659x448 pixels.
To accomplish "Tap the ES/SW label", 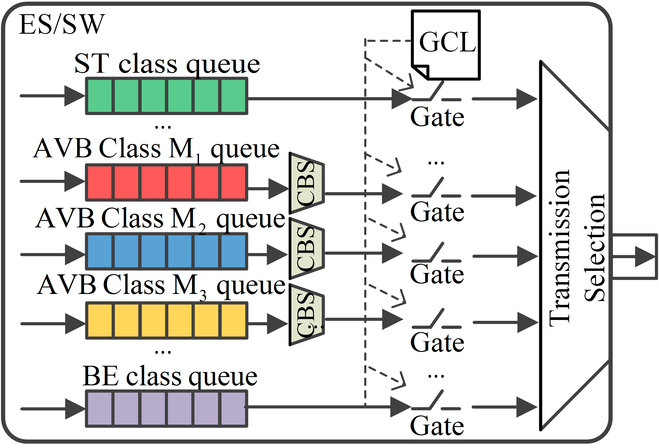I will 62,24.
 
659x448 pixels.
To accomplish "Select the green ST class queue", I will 166,96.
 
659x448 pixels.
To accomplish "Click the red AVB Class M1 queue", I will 166,182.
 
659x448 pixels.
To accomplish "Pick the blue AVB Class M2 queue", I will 166,251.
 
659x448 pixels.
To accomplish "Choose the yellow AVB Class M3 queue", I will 166,321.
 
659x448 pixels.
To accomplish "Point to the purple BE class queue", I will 166,409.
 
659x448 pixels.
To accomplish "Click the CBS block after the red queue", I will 307,183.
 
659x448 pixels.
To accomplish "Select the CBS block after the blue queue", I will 307,249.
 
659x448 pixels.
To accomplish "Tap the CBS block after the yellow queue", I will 307,315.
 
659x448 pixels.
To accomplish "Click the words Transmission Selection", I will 577,248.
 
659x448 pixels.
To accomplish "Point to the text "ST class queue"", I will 167,64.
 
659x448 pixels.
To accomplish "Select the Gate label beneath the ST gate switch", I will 437,117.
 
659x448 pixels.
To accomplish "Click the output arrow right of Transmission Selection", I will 645,256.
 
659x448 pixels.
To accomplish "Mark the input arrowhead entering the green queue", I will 74,96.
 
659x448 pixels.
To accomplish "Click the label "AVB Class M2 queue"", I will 160,219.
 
